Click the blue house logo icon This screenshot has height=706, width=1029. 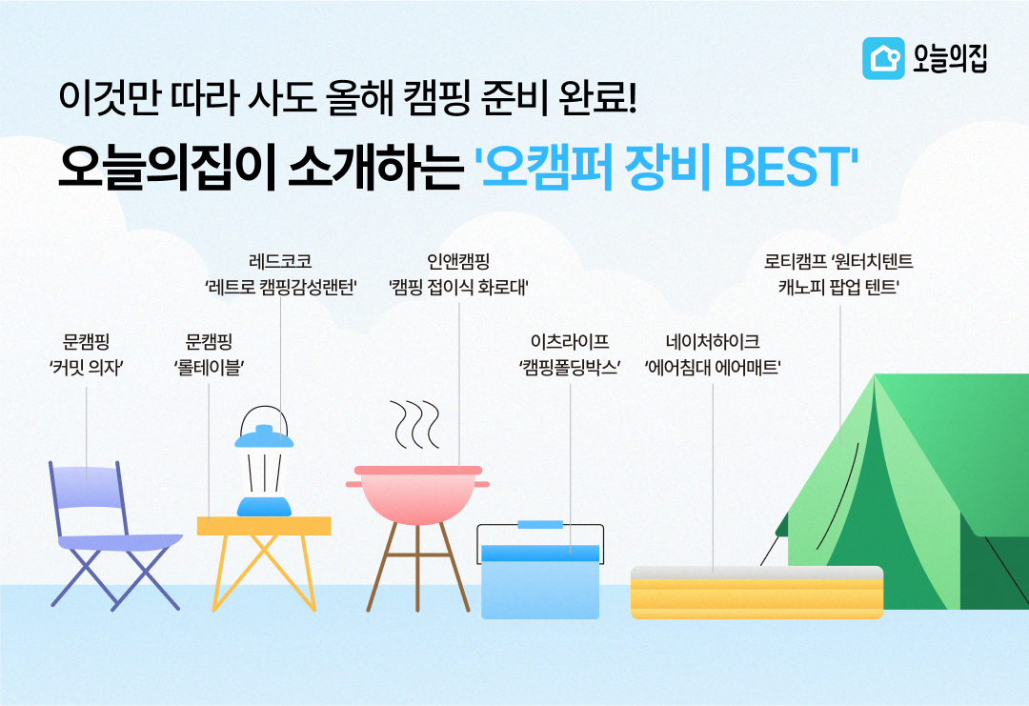point(883,58)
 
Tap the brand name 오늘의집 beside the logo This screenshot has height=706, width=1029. point(947,58)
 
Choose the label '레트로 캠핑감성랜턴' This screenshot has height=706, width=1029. point(280,286)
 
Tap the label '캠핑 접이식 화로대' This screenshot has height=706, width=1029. point(458,286)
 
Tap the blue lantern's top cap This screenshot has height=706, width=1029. point(264,437)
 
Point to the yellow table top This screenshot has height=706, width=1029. point(264,526)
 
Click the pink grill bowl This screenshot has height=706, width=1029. point(419,495)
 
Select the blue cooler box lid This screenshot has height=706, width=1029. point(540,553)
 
